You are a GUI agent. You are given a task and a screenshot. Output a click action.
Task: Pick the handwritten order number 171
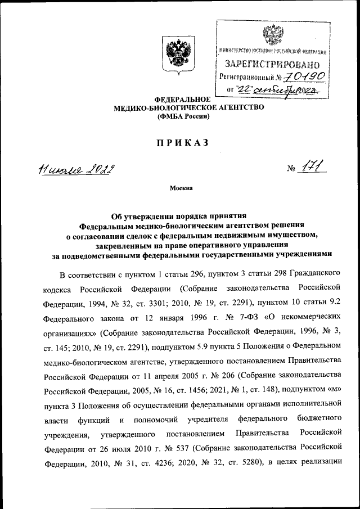[313, 168]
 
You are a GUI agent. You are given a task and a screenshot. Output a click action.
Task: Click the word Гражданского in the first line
[316, 274]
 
